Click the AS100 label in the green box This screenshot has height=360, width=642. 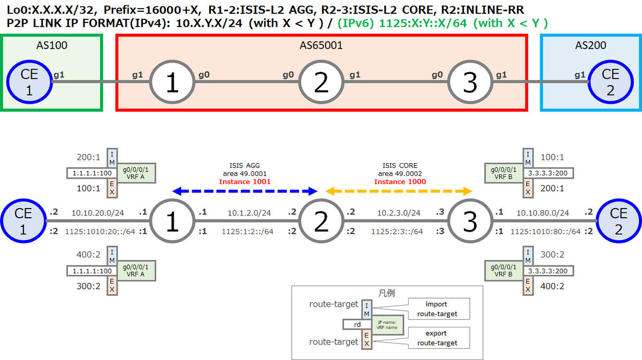[x=52, y=45]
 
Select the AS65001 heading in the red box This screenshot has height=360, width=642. [x=321, y=45]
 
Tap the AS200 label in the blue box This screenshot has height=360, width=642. [x=591, y=45]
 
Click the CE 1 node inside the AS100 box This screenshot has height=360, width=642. [x=29, y=82]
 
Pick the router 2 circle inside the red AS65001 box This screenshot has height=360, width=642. [x=321, y=82]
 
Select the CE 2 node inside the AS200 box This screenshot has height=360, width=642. [x=610, y=82]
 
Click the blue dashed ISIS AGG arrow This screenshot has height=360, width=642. [x=245, y=191]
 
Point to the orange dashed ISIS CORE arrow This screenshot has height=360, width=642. [x=399, y=191]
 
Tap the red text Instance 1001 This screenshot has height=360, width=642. [x=244, y=182]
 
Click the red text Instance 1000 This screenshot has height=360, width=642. [x=400, y=182]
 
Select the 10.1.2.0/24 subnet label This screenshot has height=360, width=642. [x=249, y=213]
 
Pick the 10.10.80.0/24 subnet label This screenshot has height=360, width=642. [x=542, y=213]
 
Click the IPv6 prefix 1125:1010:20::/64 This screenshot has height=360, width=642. [x=100, y=232]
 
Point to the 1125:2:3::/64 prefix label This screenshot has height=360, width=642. [x=397, y=232]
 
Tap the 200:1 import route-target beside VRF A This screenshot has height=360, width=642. [x=88, y=157]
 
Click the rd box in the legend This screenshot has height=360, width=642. [x=357, y=325]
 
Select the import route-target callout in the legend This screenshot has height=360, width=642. [x=439, y=309]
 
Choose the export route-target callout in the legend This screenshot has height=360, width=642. [x=439, y=338]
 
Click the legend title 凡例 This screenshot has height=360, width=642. [x=387, y=293]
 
